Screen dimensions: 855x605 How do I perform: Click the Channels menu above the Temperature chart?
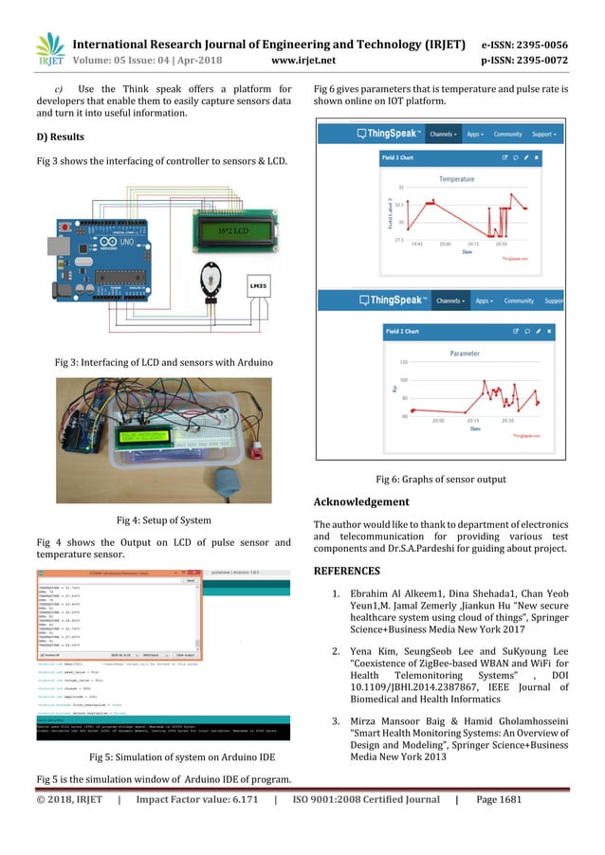444,135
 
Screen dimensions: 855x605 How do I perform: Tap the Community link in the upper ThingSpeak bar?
525,135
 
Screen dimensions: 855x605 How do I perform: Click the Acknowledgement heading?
361,501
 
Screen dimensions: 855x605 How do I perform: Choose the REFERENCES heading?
346,571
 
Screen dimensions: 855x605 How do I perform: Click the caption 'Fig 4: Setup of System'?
163,519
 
